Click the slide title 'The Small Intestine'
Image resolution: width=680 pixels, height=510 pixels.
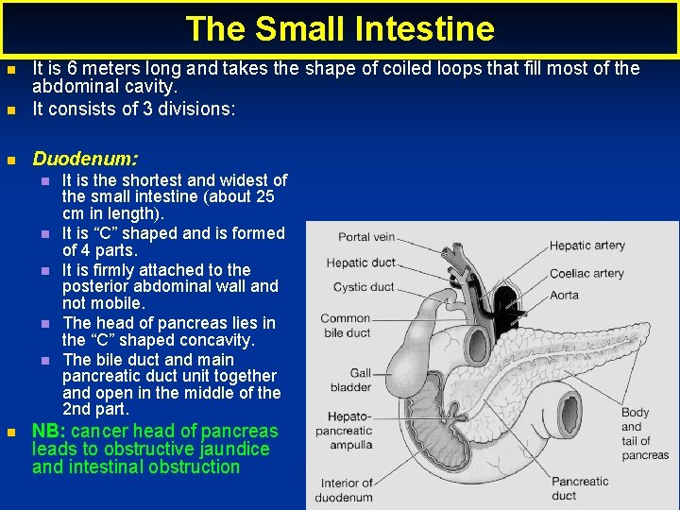click(340, 28)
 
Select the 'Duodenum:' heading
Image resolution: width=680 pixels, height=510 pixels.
click(85, 159)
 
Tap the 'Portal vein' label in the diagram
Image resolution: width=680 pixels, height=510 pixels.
click(366, 237)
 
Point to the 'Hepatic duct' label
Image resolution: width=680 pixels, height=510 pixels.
click(360, 263)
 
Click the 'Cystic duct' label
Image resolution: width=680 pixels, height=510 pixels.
click(363, 287)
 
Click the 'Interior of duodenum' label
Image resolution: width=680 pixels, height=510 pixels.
click(343, 490)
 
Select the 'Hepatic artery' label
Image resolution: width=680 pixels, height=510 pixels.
click(586, 246)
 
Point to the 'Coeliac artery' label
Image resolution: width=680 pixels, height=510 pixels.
click(586, 274)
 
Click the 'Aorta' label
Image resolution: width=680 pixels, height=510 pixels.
click(564, 295)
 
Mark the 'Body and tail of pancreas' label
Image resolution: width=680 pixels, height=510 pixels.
click(644, 433)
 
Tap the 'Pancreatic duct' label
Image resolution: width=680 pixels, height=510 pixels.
click(579, 488)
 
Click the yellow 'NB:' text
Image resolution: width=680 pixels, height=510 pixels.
click(49, 432)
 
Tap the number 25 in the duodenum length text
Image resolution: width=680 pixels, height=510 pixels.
click(264, 197)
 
